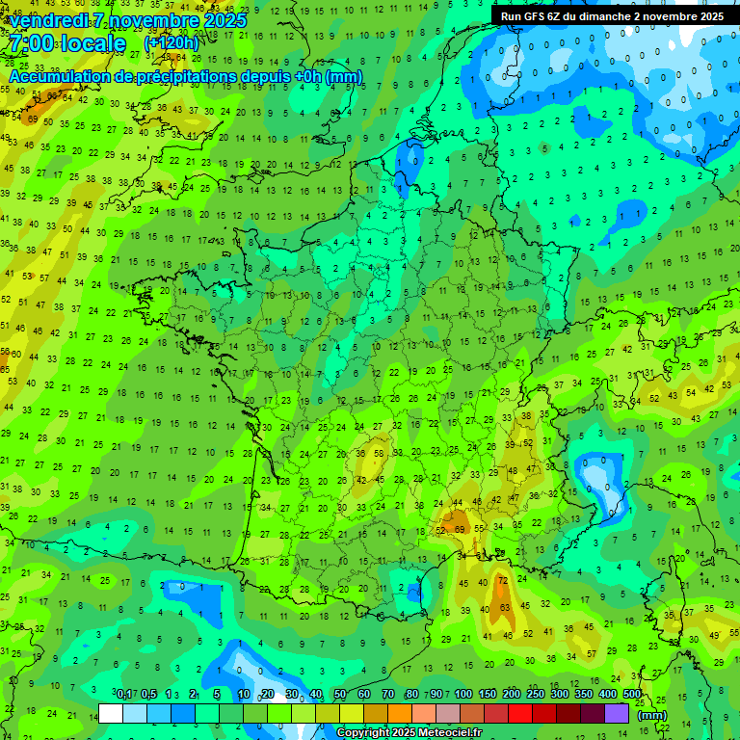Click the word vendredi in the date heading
click(49, 20)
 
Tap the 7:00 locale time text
click(66, 43)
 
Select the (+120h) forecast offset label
click(172, 43)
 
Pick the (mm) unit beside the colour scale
click(652, 715)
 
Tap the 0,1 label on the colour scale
click(124, 695)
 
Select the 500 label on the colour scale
click(632, 695)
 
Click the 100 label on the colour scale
click(462, 695)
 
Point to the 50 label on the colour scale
click(340, 695)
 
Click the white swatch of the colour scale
click(111, 713)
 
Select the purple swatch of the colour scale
click(617, 713)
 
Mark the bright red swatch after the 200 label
click(520, 713)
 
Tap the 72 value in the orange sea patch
click(502, 580)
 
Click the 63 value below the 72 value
click(506, 608)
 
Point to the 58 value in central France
click(379, 453)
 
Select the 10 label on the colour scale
click(243, 695)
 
